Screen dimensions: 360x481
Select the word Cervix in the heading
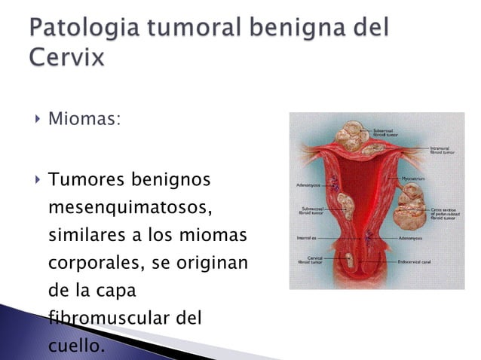pyautogui.click(x=66, y=57)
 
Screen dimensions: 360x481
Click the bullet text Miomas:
pyautogui.click(x=84, y=119)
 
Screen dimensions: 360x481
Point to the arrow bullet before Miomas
pyautogui.click(x=35, y=118)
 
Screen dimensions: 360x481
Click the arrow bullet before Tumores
pyautogui.click(x=35, y=180)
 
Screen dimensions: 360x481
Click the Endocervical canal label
pyautogui.click(x=415, y=261)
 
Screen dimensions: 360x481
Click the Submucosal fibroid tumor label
pyautogui.click(x=311, y=210)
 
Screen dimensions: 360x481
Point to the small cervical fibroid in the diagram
pyautogui.click(x=350, y=261)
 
